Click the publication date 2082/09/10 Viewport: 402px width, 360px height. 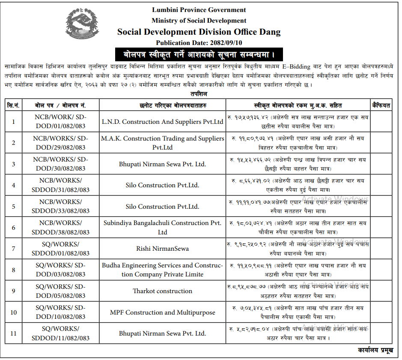coord(199,43)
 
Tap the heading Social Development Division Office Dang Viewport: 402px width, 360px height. coord(199,32)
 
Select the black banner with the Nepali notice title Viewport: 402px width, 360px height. coord(199,55)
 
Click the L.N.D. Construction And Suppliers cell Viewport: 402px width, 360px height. coord(163,122)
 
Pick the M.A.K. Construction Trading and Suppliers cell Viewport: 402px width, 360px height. coord(163,143)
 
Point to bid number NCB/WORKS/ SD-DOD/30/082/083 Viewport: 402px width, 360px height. coord(60,164)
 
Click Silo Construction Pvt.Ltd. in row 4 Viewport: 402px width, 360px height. coord(163,186)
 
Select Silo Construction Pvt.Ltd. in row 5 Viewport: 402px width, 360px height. coord(163,207)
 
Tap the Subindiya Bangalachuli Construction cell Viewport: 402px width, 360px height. coord(163,228)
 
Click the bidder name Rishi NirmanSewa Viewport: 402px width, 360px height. coord(163,249)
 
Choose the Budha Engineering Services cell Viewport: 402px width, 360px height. coord(163,270)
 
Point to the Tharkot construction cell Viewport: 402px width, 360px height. coord(163,291)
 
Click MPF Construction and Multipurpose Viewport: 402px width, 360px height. coord(163,312)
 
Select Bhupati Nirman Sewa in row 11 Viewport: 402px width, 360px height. coord(163,333)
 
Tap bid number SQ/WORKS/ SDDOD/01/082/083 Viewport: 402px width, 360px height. coord(60,249)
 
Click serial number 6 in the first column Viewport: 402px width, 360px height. coord(14,228)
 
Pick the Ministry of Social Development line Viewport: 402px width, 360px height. coord(199,21)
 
